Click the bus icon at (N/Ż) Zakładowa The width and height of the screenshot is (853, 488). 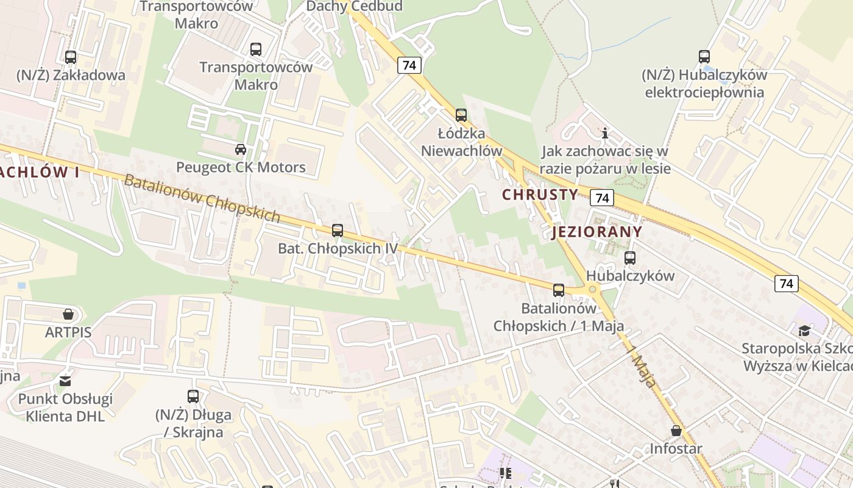coord(71,57)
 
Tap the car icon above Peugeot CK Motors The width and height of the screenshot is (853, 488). coord(241,149)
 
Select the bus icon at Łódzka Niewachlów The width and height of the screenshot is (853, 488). coord(461,115)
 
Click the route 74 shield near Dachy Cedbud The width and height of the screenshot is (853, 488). coord(409,65)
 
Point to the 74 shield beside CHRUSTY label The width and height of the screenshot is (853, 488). coord(601,198)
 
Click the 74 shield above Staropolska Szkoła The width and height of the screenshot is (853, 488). coord(787,283)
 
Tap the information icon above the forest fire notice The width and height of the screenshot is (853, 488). coord(605,133)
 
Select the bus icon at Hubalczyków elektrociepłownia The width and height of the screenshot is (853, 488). coord(704,57)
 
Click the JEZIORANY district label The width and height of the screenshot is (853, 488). coord(597,232)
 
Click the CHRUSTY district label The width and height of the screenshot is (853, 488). coord(540,195)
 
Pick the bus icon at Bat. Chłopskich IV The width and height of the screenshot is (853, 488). coord(338,231)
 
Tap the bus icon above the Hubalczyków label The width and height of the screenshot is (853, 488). coord(630,258)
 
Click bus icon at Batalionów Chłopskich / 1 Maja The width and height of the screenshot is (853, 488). coord(559,290)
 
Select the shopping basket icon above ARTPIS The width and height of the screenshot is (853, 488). coord(68,314)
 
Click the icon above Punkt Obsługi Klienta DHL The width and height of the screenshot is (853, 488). coord(65,381)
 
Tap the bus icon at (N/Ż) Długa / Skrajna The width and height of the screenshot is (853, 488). coord(193,396)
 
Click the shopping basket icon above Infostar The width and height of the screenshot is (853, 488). coord(676,431)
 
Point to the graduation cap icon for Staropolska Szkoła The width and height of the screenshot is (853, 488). coord(805,331)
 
